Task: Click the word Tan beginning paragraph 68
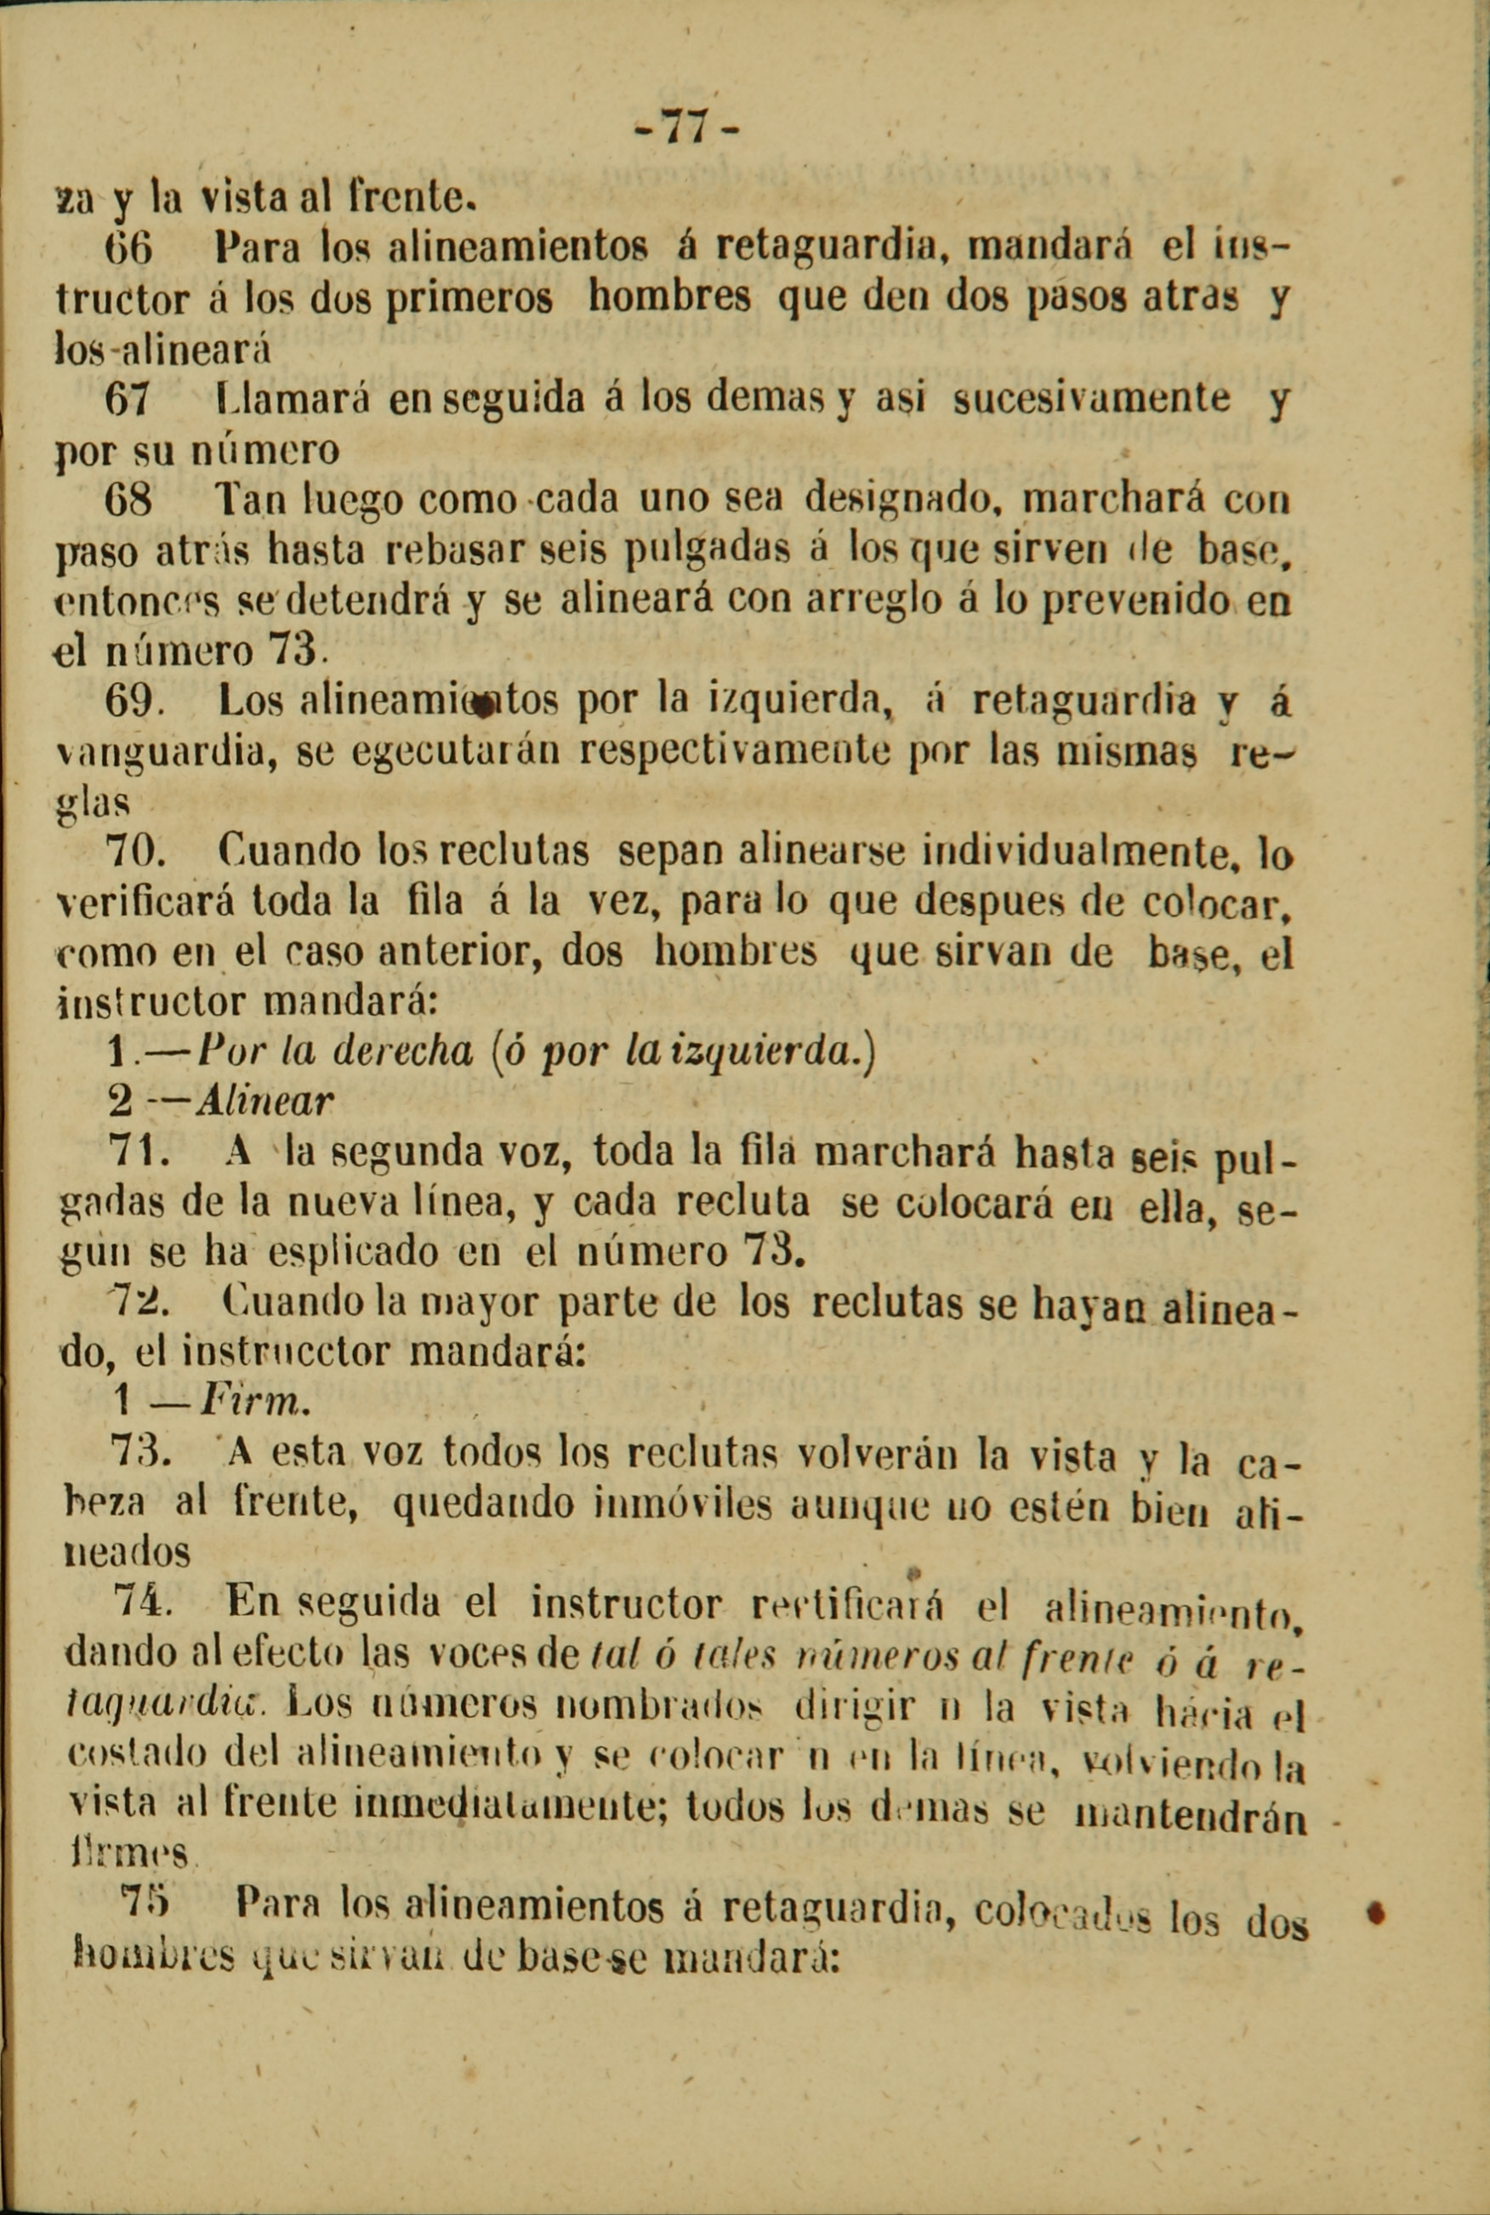251,498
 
